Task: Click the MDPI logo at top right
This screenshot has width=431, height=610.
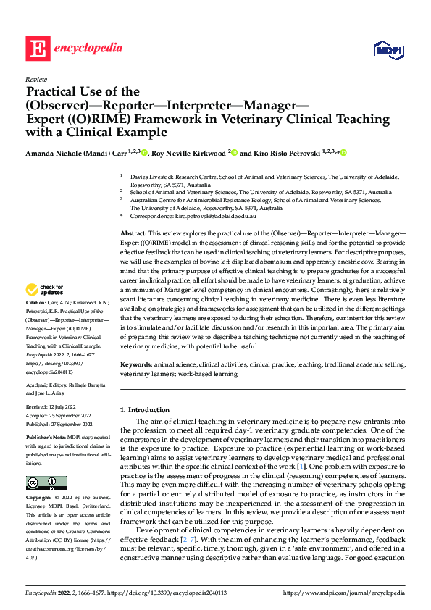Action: click(388, 49)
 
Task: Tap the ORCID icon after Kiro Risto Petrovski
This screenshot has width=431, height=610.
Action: click(343, 153)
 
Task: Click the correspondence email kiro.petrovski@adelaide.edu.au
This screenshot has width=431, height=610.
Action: click(216, 217)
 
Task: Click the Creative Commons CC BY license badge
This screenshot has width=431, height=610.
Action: click(46, 463)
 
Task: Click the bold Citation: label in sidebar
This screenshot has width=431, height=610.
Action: click(36, 321)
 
